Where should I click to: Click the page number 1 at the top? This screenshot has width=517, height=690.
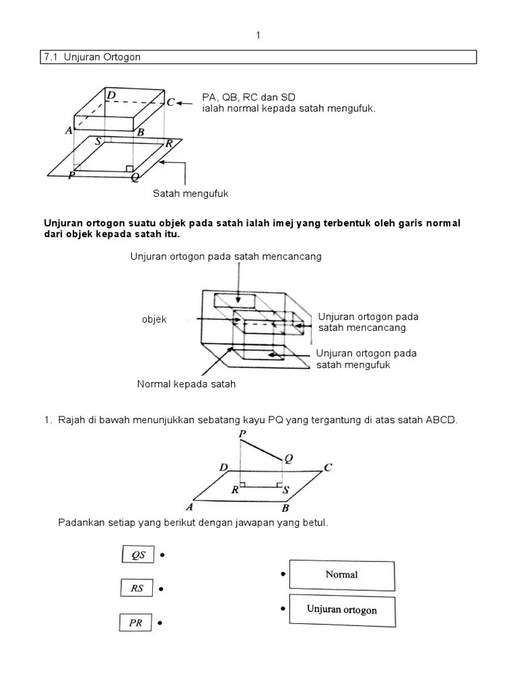pyautogui.click(x=258, y=36)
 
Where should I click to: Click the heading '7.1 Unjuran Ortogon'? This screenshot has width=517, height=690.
pyautogui.click(x=92, y=57)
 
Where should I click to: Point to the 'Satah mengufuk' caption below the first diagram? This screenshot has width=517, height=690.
pyautogui.click(x=191, y=193)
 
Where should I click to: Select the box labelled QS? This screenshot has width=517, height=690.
pyautogui.click(x=138, y=555)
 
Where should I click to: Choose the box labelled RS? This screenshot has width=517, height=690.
pyautogui.click(x=137, y=588)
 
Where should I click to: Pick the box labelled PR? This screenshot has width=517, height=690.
pyautogui.click(x=136, y=623)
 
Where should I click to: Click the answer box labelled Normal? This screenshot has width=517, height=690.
pyautogui.click(x=341, y=575)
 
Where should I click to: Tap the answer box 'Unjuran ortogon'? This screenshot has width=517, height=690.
pyautogui.click(x=341, y=609)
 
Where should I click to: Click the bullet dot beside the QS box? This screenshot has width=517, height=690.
pyautogui.click(x=163, y=555)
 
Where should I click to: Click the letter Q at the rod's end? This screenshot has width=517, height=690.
pyautogui.click(x=289, y=459)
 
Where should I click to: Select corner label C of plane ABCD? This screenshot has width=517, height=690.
pyautogui.click(x=328, y=468)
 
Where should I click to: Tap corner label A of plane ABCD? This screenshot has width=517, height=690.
pyautogui.click(x=191, y=507)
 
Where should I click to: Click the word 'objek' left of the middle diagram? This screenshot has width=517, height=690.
pyautogui.click(x=153, y=319)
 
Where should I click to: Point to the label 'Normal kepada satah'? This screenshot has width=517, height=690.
pyautogui.click(x=186, y=384)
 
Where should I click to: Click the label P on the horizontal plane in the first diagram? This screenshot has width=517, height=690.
pyautogui.click(x=71, y=175)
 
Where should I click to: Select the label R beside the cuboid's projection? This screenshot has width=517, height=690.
pyautogui.click(x=170, y=143)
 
